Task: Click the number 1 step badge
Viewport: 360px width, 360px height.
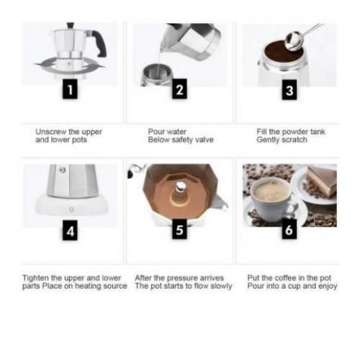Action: point(69,91)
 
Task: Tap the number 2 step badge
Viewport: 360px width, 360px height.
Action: point(179,91)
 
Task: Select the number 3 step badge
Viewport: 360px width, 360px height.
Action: point(289,91)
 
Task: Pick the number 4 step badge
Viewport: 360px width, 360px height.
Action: point(69,231)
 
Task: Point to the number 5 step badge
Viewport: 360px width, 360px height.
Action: point(179,231)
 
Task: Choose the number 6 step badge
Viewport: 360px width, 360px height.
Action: point(289,231)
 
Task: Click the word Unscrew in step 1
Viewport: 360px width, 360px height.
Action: point(51,132)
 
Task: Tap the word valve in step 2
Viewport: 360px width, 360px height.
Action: point(204,140)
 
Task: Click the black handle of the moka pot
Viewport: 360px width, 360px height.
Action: point(101,45)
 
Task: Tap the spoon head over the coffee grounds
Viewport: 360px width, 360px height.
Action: point(293,41)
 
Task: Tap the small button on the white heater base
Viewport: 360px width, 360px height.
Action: point(70,210)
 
